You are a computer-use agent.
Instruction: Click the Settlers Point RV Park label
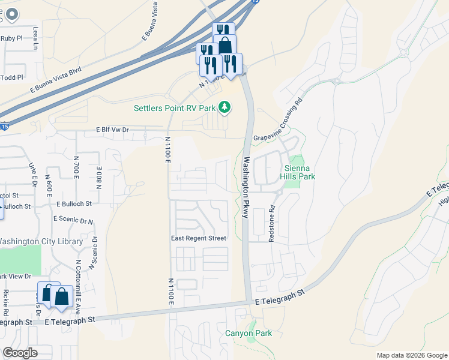174,108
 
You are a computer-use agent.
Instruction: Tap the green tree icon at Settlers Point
225,107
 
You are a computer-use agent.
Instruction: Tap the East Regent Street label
198,238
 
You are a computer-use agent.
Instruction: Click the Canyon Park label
249,333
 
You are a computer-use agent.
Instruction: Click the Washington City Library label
41,241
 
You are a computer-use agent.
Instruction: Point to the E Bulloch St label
73,204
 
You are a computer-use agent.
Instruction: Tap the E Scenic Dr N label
73,220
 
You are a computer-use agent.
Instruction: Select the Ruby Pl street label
11,38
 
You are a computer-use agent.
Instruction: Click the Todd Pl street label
11,77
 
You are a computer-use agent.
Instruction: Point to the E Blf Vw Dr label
113,129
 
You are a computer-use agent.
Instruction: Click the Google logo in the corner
20,353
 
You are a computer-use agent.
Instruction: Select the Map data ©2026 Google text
411,355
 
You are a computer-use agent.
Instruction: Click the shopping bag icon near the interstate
224,46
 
